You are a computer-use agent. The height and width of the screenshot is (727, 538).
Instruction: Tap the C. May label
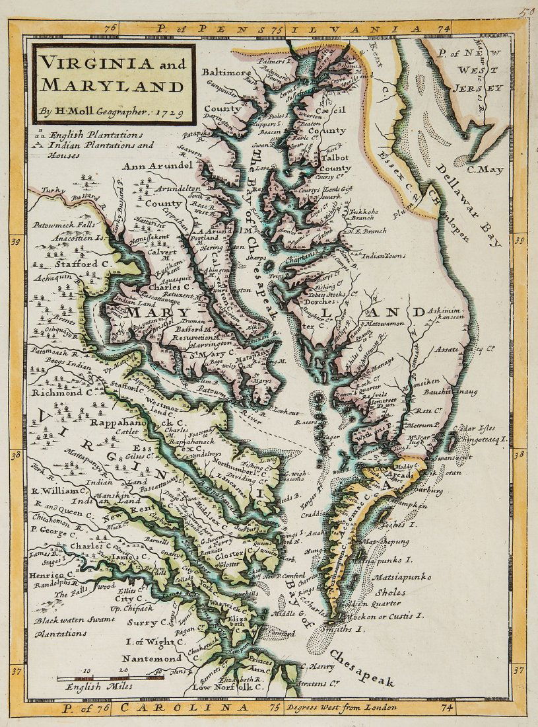[485, 170]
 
